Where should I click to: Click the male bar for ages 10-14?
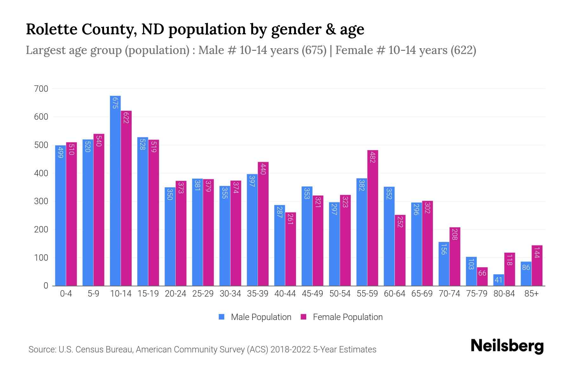pos(115,190)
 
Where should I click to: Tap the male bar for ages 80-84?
pos(499,280)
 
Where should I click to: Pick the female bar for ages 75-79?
pos(482,277)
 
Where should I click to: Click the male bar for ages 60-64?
pos(389,236)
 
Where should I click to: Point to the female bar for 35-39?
pos(263,224)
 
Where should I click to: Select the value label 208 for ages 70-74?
pos(455,234)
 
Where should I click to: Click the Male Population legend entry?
pos(255,317)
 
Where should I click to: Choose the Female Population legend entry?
pos(342,317)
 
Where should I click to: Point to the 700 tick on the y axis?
pos(41,89)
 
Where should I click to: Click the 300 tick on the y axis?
pos(41,202)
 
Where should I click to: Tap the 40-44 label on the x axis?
pos(285,294)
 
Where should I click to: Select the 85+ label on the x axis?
pos(531,294)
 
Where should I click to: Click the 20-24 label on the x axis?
pos(175,294)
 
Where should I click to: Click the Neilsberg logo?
pos(507,346)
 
